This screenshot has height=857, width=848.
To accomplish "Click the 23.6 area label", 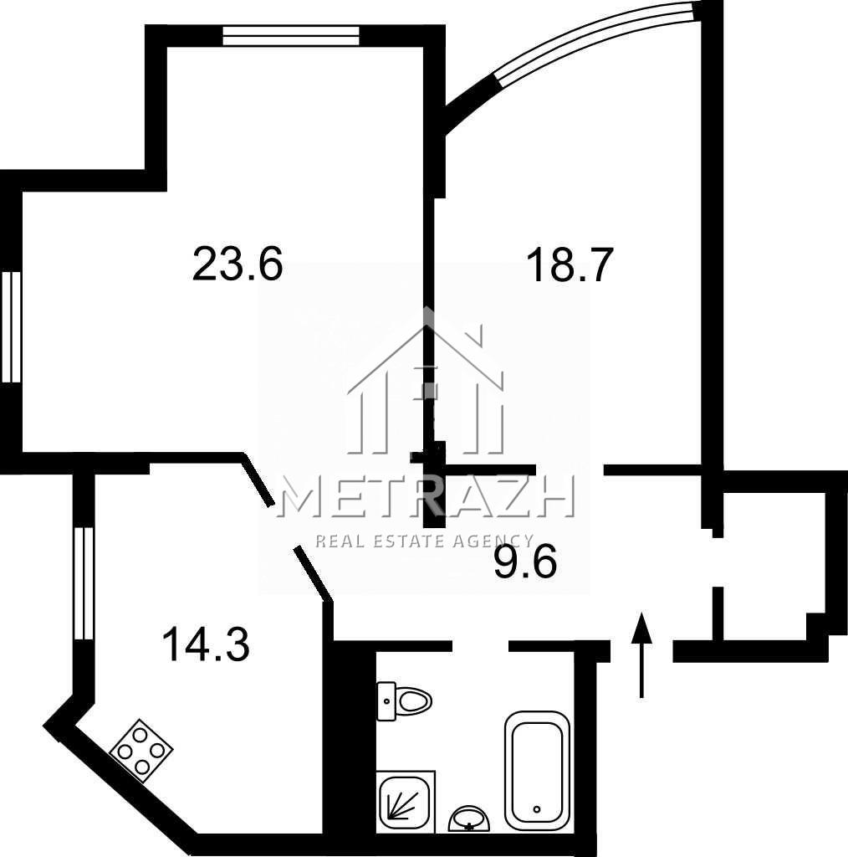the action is pyautogui.click(x=238, y=264).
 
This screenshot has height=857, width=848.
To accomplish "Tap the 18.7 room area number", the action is pyautogui.click(x=570, y=265).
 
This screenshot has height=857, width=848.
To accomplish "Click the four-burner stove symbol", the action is pyautogui.click(x=142, y=750).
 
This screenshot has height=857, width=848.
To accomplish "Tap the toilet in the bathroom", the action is pyautogui.click(x=404, y=701).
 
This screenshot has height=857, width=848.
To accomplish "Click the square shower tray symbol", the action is pyautogui.click(x=406, y=803).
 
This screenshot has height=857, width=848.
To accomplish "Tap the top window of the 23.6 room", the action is pyautogui.click(x=291, y=36).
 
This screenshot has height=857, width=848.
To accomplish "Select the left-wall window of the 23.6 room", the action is pyautogui.click(x=10, y=326).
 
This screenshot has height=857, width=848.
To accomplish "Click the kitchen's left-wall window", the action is pyautogui.click(x=84, y=582).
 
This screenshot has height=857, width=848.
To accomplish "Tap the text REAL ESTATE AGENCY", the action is pyautogui.click(x=425, y=541).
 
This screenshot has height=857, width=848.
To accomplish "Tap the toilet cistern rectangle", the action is pyautogui.click(x=386, y=701).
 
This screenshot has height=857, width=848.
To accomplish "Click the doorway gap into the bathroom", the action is pyautogui.click(x=481, y=645).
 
